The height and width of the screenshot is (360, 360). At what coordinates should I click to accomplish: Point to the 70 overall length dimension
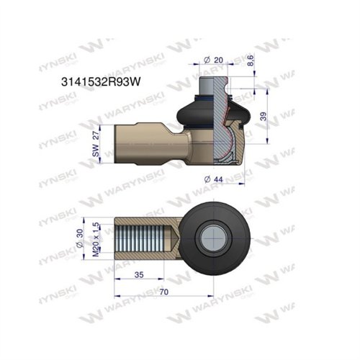[164, 294]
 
